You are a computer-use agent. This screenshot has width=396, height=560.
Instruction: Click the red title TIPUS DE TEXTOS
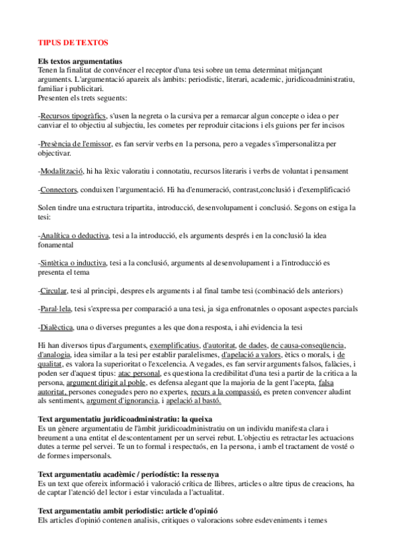pos(73,42)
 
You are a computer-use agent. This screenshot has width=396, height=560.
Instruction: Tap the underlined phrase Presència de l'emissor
pos(77,143)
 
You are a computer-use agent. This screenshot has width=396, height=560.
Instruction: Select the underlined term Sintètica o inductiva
pos(73,262)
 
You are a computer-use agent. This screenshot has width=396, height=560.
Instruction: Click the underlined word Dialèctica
pos(57,327)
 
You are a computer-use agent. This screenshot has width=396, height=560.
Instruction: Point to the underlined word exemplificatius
pos(175,345)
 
